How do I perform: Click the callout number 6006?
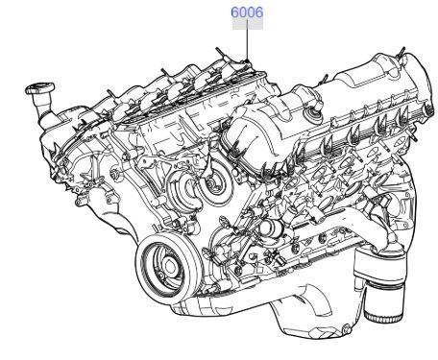(x=247, y=12)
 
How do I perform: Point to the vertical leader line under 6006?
(x=247, y=39)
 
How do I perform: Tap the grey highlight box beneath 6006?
(x=248, y=24)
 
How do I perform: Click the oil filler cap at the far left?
(x=39, y=88)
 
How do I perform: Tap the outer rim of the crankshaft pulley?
(x=140, y=269)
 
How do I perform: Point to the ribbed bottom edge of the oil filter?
(x=383, y=317)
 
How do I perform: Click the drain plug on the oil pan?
(x=346, y=328)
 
